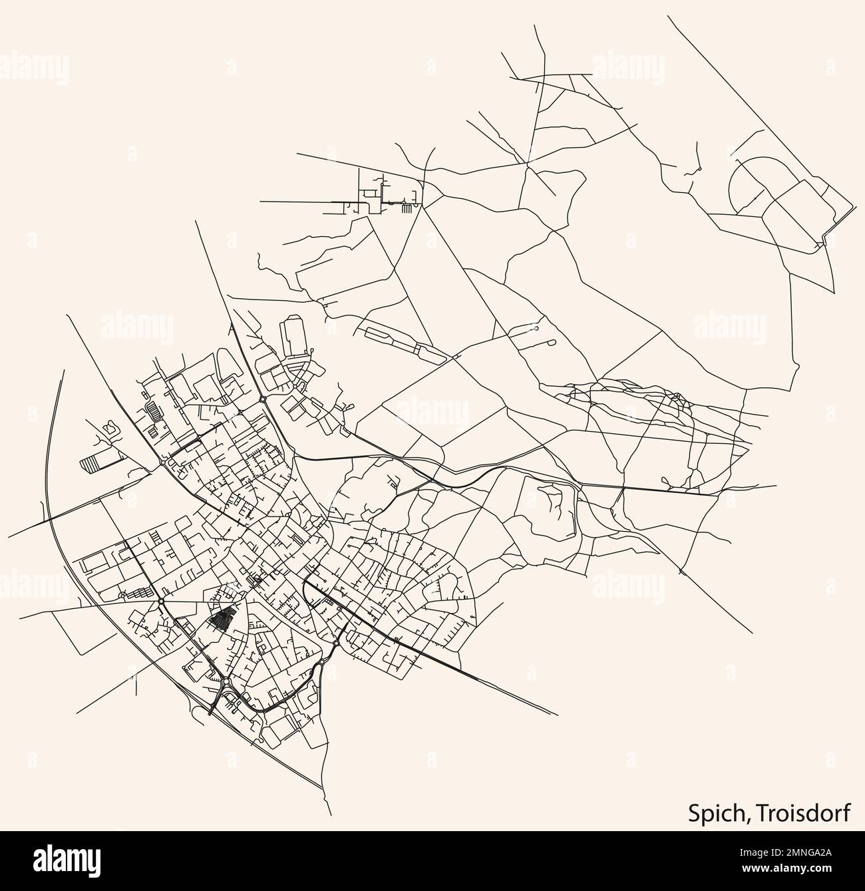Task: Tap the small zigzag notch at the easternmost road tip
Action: pos(825,240)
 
